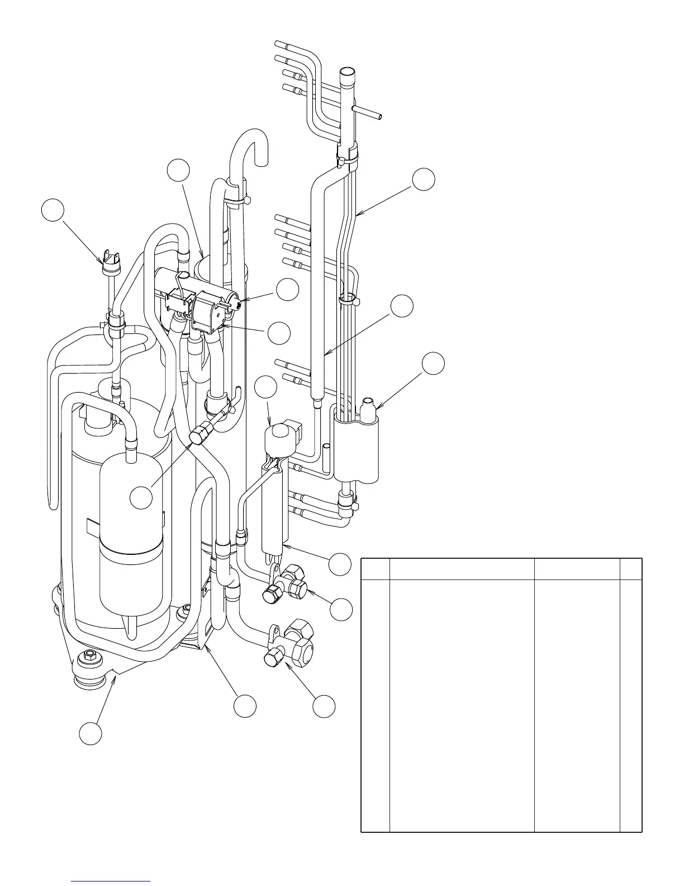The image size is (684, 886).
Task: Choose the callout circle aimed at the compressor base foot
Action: [x=90, y=733]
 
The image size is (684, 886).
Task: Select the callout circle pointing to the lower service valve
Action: [x=324, y=706]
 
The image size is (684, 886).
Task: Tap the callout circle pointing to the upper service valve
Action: [x=341, y=609]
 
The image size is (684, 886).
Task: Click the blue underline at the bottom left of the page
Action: [x=111, y=882]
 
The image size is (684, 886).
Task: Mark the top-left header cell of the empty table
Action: [x=375, y=569]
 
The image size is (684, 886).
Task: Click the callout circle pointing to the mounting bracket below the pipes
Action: [x=245, y=706]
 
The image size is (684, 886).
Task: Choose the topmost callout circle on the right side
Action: [x=424, y=178]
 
